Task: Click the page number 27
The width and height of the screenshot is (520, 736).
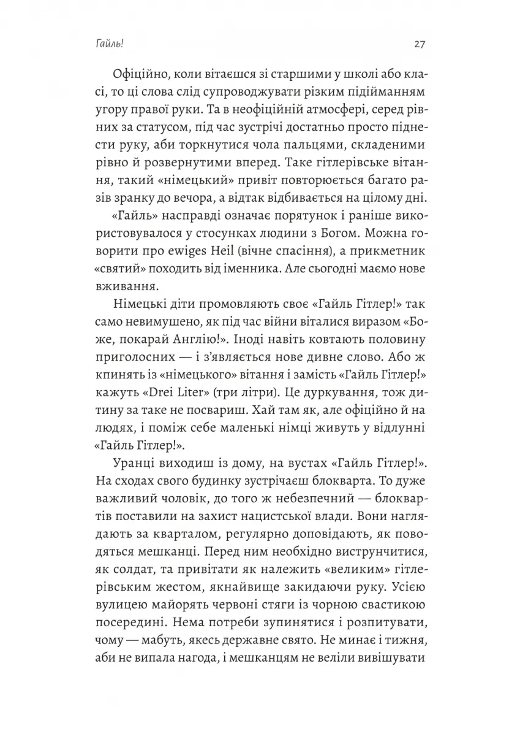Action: [420, 44]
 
